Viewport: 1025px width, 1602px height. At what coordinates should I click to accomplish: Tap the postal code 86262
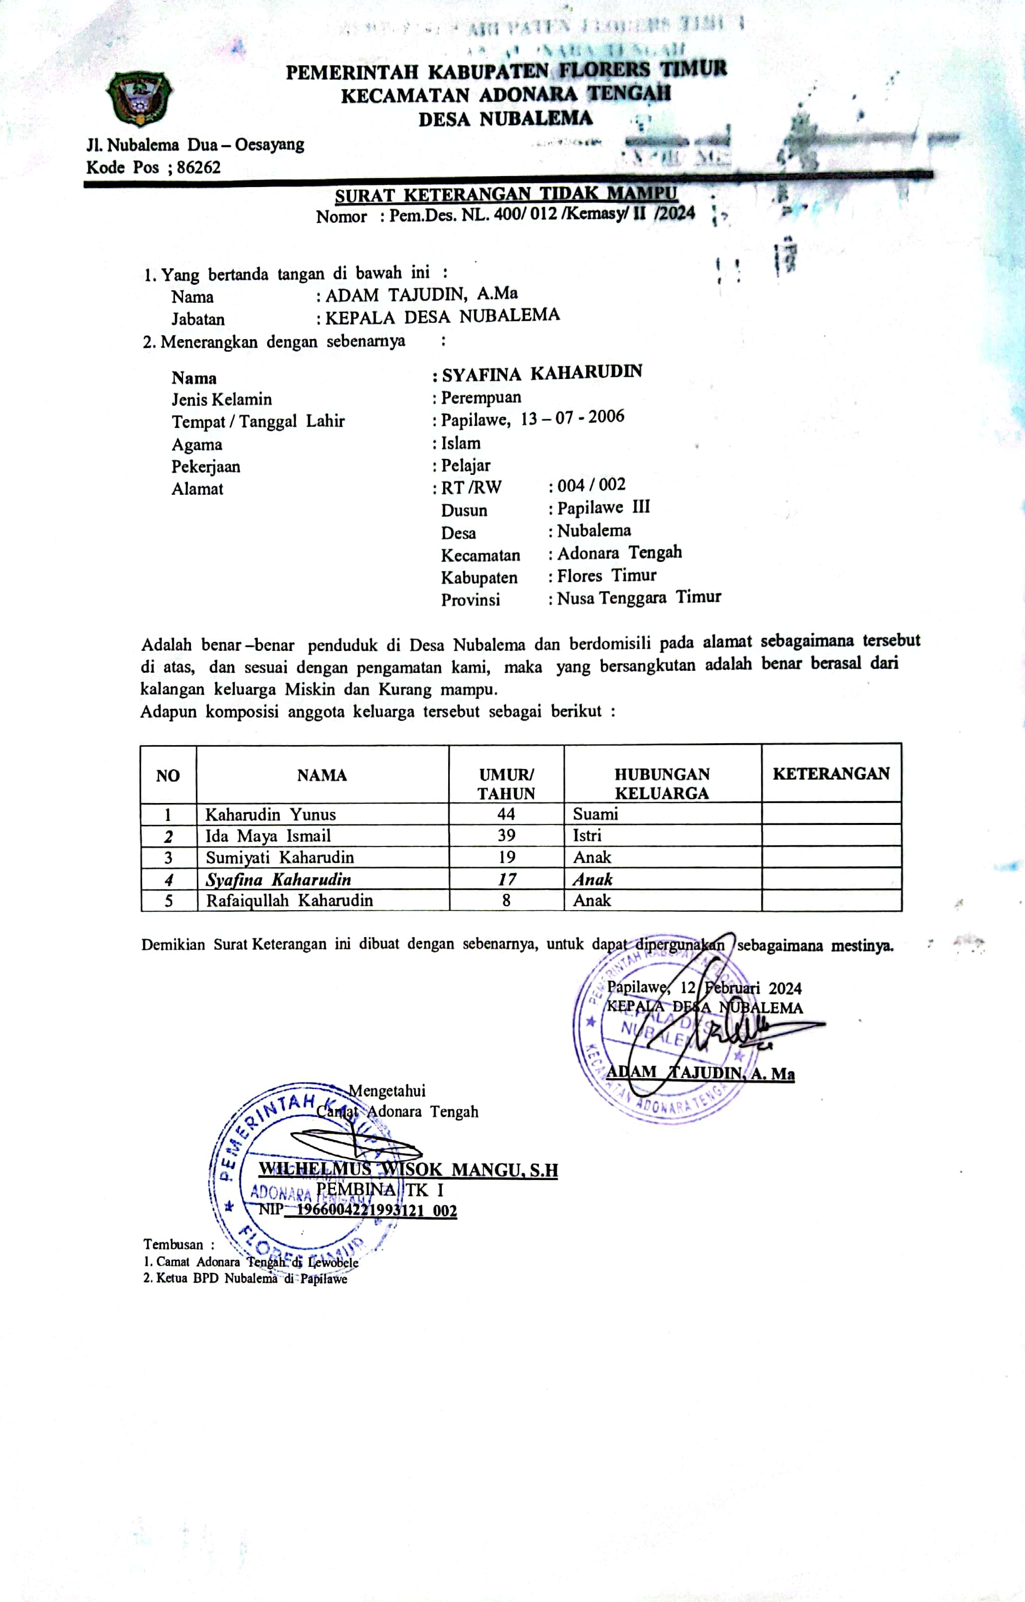point(198,167)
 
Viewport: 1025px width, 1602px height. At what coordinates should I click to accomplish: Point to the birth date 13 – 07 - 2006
point(572,418)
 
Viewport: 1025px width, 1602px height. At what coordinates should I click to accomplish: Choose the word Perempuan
point(481,398)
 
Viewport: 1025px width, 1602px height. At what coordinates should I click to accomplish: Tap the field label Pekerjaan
point(206,466)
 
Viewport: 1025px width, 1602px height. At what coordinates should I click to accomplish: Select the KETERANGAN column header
point(831,774)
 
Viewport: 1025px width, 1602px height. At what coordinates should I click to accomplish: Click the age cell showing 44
point(506,813)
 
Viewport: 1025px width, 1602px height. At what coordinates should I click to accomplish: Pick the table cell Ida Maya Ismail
point(268,835)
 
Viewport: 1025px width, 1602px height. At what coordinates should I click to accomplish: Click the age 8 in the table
point(506,900)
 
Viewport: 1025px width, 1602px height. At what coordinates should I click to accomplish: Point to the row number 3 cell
point(169,857)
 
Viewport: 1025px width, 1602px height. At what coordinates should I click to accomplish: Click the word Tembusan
point(173,1244)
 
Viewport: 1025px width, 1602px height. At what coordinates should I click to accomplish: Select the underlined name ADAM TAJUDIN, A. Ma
point(699,1073)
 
